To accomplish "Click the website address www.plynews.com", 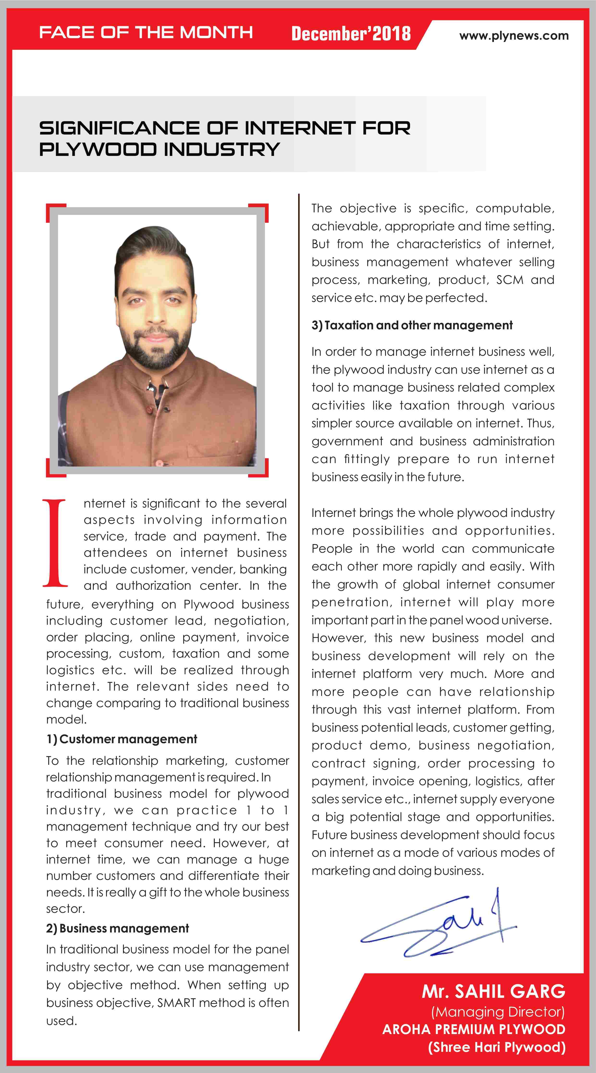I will click(514, 36).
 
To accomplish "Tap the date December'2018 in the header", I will click(351, 34).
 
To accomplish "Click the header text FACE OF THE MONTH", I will click(146, 32).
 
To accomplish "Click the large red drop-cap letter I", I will click(55, 543).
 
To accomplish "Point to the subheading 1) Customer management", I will click(122, 739).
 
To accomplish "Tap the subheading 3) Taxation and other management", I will click(412, 325).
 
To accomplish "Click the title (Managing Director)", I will click(498, 1012).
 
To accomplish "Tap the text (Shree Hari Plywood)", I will click(497, 1047).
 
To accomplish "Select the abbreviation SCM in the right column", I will click(509, 280).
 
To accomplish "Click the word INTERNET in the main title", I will click(300, 128).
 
